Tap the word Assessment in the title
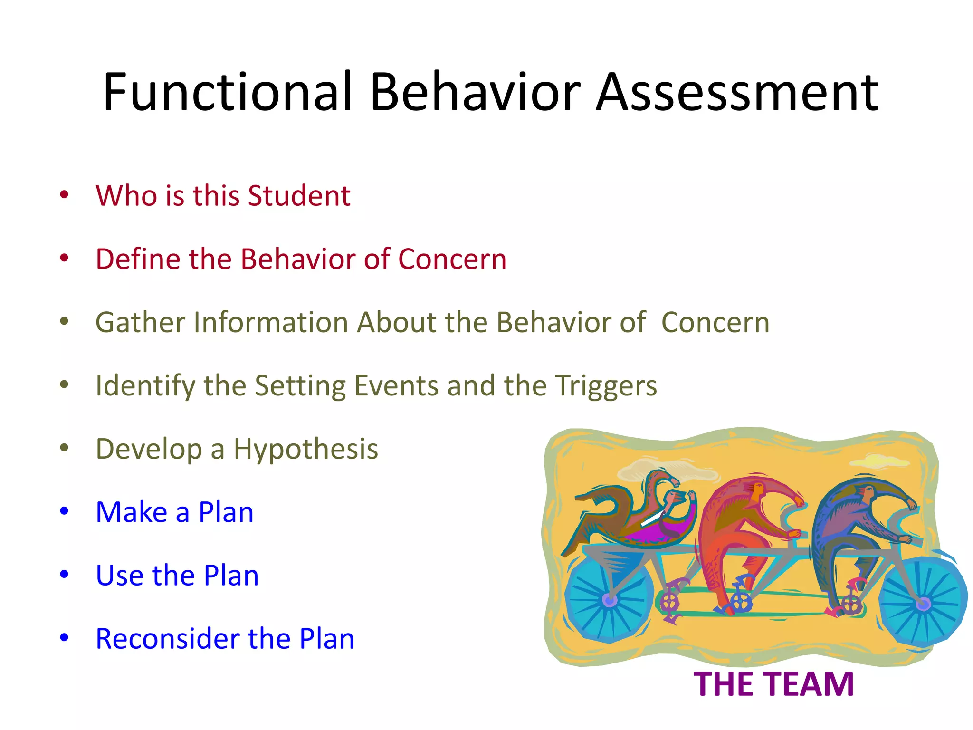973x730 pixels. point(737,92)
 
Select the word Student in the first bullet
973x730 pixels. point(299,195)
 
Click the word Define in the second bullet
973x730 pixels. point(138,259)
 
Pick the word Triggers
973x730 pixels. point(606,386)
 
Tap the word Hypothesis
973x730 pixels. point(305,449)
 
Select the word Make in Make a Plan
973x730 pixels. point(132,512)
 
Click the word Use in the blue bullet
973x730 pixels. point(119,576)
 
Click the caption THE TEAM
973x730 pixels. point(773,684)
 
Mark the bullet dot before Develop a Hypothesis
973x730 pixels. point(64,448)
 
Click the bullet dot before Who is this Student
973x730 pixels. point(64,194)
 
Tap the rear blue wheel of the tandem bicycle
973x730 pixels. point(609,600)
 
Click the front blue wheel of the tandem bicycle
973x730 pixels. point(923,604)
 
